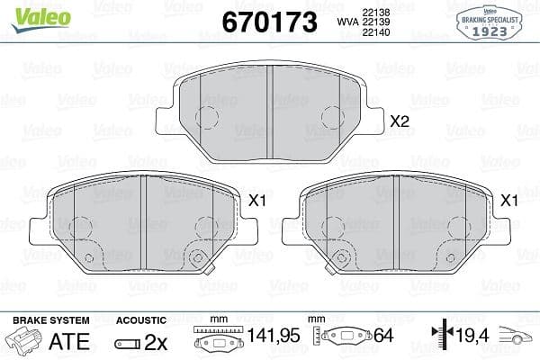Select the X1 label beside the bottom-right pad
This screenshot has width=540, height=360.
508,201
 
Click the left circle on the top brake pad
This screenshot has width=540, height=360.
207,117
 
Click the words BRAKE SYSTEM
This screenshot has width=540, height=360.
50,320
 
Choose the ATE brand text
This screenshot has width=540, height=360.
69,342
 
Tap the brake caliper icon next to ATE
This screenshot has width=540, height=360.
23,342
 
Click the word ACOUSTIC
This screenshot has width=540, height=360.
142,320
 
